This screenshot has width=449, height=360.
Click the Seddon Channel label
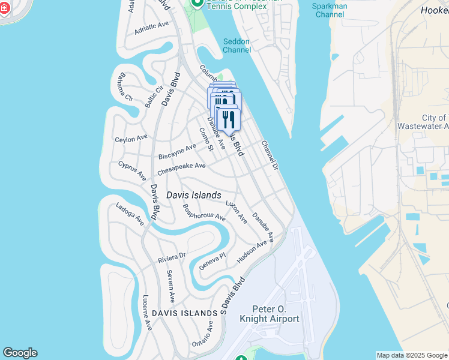tap(237, 46)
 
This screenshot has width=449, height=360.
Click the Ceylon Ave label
tap(131, 139)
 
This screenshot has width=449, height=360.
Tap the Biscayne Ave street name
tap(177, 151)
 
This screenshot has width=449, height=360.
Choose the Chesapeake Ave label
tap(181, 169)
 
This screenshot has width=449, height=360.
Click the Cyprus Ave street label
tap(132, 170)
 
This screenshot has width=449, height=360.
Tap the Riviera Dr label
tap(172, 258)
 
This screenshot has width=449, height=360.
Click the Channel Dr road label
tap(270, 155)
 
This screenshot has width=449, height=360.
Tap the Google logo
tap(20, 353)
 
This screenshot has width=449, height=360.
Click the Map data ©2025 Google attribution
tap(412, 355)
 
